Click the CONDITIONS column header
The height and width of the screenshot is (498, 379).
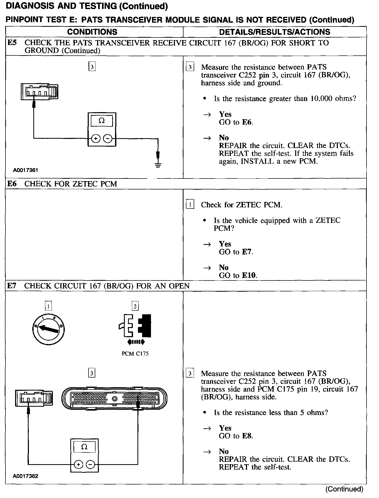(92, 32)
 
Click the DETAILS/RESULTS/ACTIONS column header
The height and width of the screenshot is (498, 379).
(275, 32)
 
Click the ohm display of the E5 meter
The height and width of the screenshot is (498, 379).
(102, 121)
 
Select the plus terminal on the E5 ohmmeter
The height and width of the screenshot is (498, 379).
(96, 139)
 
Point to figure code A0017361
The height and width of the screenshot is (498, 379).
(26, 170)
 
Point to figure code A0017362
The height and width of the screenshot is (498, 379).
(26, 476)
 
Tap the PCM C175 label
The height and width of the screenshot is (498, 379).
(135, 354)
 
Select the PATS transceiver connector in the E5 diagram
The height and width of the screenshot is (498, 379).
(39, 92)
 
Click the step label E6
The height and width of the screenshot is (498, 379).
(12, 184)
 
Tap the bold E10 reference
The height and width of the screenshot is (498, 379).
(249, 275)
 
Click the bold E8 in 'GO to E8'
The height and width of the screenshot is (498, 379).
(247, 436)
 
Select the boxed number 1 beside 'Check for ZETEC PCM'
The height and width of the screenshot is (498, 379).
(190, 205)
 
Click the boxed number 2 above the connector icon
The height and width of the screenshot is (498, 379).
(135, 306)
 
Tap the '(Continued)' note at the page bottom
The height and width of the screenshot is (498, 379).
(344, 489)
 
